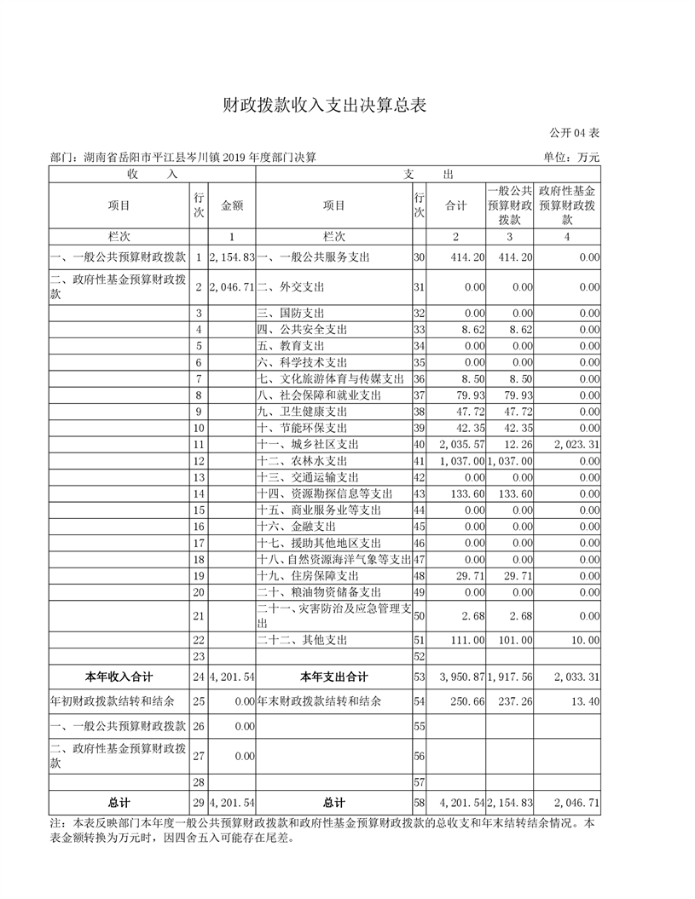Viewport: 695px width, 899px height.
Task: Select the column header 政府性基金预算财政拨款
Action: coord(567,205)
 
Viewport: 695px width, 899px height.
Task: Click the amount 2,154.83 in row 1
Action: coord(232,256)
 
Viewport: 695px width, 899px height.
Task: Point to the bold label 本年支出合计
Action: coord(333,677)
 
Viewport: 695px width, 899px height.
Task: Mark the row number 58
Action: coord(419,803)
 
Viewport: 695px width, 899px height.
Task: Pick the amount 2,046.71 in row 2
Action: coord(232,287)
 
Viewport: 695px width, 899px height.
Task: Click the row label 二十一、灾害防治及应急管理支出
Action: coord(333,615)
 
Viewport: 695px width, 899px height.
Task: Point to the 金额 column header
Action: coord(232,205)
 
